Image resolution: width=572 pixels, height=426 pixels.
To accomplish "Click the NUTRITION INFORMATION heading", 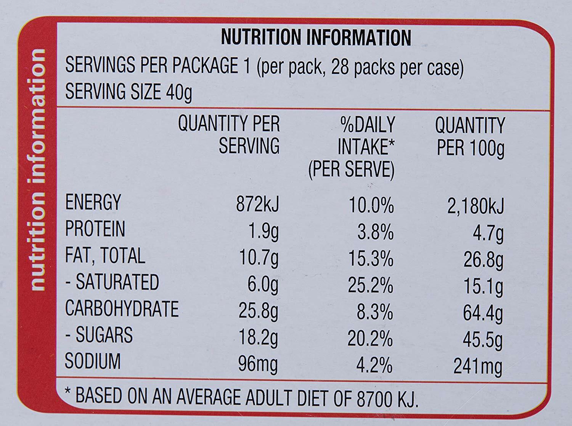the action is [x=316, y=38].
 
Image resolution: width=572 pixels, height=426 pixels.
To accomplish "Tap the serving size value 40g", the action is [x=179, y=93].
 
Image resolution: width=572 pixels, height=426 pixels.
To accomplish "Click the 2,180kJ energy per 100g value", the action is [x=475, y=206].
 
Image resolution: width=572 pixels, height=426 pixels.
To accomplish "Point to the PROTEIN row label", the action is [x=95, y=229].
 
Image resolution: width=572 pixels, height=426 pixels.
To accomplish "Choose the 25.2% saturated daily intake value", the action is [x=370, y=286].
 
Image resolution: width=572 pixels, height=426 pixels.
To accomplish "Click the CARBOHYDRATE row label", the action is [x=122, y=308].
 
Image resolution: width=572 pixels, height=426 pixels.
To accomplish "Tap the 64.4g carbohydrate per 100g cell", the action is [x=483, y=313].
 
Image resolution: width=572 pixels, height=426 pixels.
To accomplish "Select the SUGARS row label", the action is [x=99, y=335].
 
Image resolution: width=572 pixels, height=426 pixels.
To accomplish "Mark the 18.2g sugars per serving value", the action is [x=258, y=338].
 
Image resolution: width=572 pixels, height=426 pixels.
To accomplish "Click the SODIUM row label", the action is [x=93, y=361].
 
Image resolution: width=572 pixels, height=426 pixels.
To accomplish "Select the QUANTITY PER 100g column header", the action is [x=470, y=137].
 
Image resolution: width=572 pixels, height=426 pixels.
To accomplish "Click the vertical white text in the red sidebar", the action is [x=38, y=169].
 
